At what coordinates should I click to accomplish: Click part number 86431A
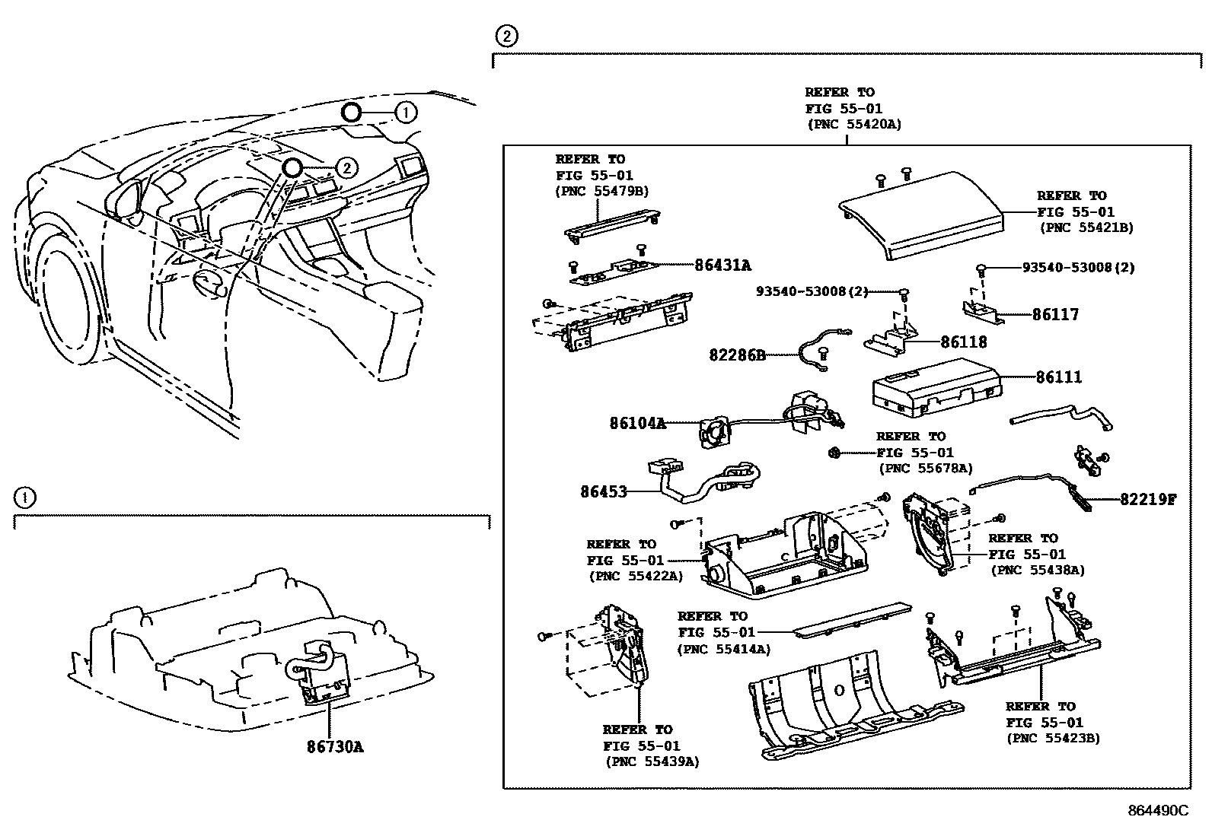coord(722,265)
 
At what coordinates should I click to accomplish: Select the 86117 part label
coord(1055,314)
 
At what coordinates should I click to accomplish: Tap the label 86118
coord(963,342)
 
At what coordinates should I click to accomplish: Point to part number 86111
coord(1058,377)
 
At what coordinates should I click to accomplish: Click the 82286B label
coord(737,354)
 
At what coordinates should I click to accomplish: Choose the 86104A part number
coord(637,423)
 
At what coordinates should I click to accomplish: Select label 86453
coord(604,492)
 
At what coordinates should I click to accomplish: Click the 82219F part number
coord(1147,500)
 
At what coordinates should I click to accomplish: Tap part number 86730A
coord(335,747)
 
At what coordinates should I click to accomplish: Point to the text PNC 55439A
coord(652,761)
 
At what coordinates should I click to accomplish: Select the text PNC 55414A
coord(724,649)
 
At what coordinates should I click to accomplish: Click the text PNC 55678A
coord(925,469)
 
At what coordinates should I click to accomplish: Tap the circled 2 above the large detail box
coord(506,36)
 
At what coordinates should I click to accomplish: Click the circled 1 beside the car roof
coord(406,113)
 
